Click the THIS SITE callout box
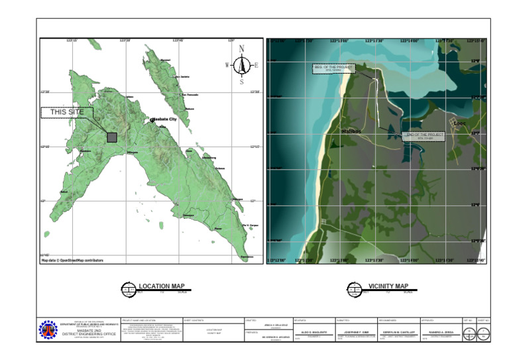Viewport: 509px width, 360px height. (x=67, y=113)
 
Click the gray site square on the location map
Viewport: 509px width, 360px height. (x=112, y=137)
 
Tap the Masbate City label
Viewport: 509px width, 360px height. (x=165, y=119)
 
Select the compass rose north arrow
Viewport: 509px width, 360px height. (x=242, y=64)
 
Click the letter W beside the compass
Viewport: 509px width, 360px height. (x=227, y=65)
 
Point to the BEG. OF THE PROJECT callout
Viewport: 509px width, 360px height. (x=334, y=68)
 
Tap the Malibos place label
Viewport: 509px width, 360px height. (x=353, y=131)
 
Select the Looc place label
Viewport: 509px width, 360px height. (x=459, y=123)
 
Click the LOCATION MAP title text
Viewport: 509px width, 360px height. (x=163, y=287)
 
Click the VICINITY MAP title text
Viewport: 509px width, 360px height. (x=388, y=286)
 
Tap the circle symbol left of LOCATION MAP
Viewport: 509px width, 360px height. (x=128, y=288)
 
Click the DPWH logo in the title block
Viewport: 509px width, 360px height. (x=48, y=330)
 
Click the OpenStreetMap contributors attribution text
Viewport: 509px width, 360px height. (x=72, y=261)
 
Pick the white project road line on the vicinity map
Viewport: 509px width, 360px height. (x=376, y=99)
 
